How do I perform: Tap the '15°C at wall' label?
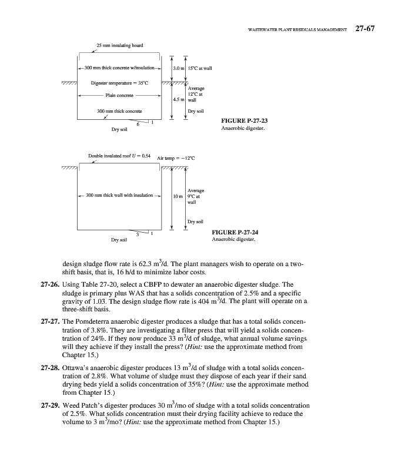tap(199, 69)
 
